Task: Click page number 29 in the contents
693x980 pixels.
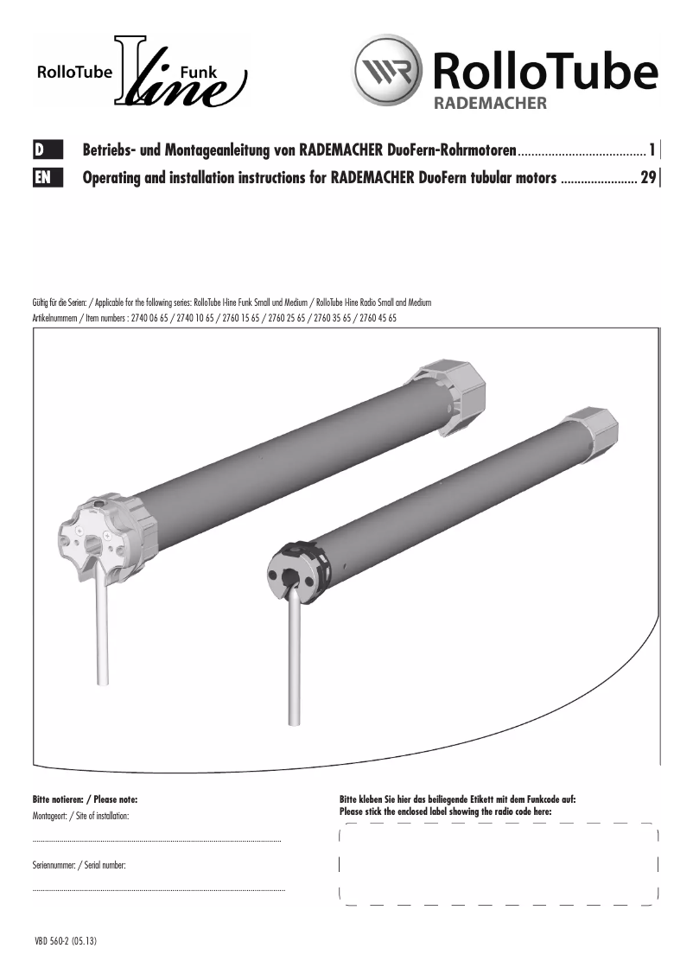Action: point(647,179)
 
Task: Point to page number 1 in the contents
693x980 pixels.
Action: point(652,150)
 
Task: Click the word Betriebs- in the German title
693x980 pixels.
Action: point(111,150)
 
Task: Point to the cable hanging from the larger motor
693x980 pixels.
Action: point(103,631)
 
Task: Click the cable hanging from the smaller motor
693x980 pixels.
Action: point(294,665)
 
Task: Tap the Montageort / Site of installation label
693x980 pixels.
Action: point(80,816)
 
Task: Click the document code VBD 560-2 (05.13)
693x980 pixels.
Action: point(66,941)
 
